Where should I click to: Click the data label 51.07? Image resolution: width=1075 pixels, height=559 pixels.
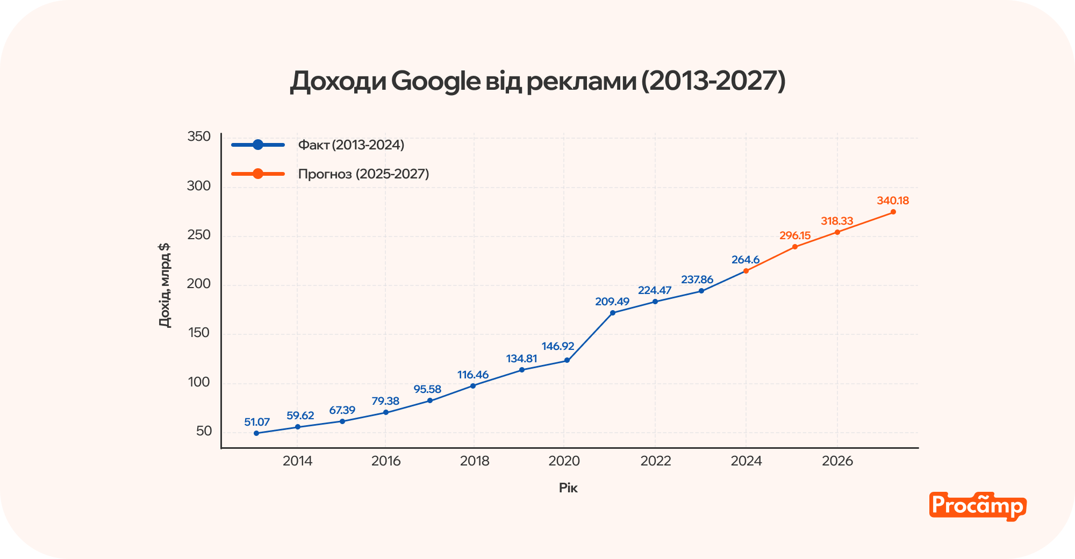(x=256, y=422)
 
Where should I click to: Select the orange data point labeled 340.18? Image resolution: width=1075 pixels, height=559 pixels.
(x=893, y=212)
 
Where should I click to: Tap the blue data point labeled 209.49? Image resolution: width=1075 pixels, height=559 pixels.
(x=613, y=313)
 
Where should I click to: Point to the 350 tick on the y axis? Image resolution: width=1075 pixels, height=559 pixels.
(x=199, y=137)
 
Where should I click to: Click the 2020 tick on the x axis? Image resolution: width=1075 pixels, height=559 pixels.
(x=564, y=461)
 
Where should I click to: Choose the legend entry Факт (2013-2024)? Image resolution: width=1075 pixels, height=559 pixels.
(x=350, y=145)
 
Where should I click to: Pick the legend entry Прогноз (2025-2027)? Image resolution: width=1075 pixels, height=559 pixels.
(x=363, y=174)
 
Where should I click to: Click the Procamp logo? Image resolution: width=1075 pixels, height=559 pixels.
(x=977, y=506)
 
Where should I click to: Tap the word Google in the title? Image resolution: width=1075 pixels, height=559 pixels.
(x=435, y=81)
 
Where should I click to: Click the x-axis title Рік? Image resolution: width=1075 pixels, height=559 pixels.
(x=568, y=488)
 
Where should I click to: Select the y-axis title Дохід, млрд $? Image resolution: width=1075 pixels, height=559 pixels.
(x=164, y=285)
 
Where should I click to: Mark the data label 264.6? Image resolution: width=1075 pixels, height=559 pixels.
(x=746, y=260)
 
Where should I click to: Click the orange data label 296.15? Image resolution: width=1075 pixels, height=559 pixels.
(x=795, y=236)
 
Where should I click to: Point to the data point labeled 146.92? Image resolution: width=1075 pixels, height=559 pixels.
(x=567, y=361)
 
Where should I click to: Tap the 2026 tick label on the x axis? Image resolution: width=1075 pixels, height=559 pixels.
(x=837, y=461)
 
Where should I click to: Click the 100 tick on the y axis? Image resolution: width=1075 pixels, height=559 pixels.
(x=199, y=382)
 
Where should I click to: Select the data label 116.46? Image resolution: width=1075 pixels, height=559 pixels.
(x=473, y=375)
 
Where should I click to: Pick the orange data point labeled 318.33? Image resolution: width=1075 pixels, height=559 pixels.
(x=837, y=232)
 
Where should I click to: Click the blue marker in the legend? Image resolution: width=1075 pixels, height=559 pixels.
(x=258, y=145)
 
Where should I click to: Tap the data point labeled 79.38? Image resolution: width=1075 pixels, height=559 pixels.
(x=386, y=413)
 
